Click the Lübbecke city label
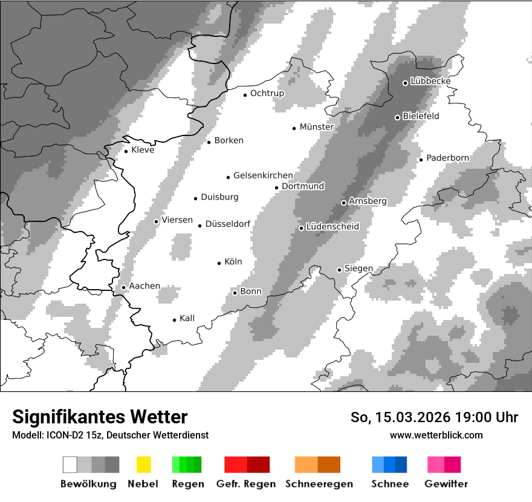click(x=430, y=81)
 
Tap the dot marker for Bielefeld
click(x=397, y=117)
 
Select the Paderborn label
click(x=447, y=158)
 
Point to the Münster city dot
click(x=294, y=128)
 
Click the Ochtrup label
click(x=267, y=93)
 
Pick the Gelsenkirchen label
click(x=263, y=175)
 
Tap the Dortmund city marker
click(x=276, y=187)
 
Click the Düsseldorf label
click(x=227, y=224)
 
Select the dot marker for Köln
click(x=219, y=263)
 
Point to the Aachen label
click(x=144, y=286)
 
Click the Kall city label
click(x=187, y=318)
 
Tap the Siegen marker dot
click(x=339, y=270)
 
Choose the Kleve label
click(x=143, y=150)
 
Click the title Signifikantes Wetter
click(x=100, y=417)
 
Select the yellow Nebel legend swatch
click(x=143, y=465)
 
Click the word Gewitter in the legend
click(x=446, y=484)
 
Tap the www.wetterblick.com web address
click(x=436, y=435)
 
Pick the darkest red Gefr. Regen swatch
click(x=258, y=465)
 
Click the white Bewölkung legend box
click(x=70, y=465)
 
